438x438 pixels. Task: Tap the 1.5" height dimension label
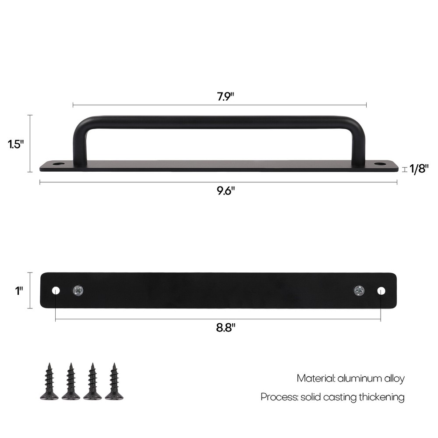click(x=15, y=144)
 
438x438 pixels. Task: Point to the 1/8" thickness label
click(x=419, y=168)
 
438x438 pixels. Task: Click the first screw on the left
click(x=49, y=381)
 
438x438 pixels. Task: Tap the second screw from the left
click(x=71, y=381)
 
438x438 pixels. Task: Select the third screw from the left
click(x=92, y=381)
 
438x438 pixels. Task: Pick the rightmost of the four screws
click(x=114, y=381)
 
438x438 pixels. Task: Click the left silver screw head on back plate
click(x=78, y=290)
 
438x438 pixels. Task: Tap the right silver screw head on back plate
click(x=359, y=290)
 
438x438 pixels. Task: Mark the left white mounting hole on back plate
click(x=56, y=290)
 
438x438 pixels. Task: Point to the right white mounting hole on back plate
click(x=381, y=290)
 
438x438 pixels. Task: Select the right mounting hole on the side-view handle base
click(x=380, y=164)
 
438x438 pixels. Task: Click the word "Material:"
click(x=316, y=378)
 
